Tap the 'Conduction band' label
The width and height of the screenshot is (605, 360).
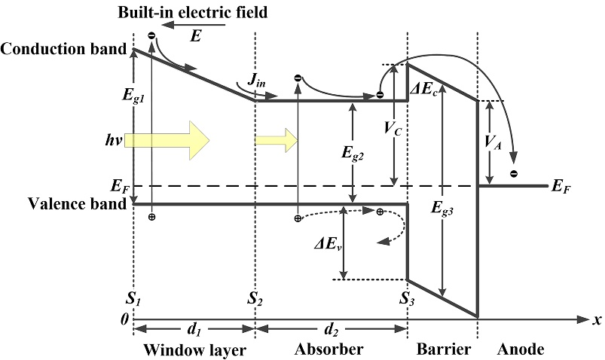[x=64, y=50]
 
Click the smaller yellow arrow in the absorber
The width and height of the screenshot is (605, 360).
[x=278, y=141]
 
